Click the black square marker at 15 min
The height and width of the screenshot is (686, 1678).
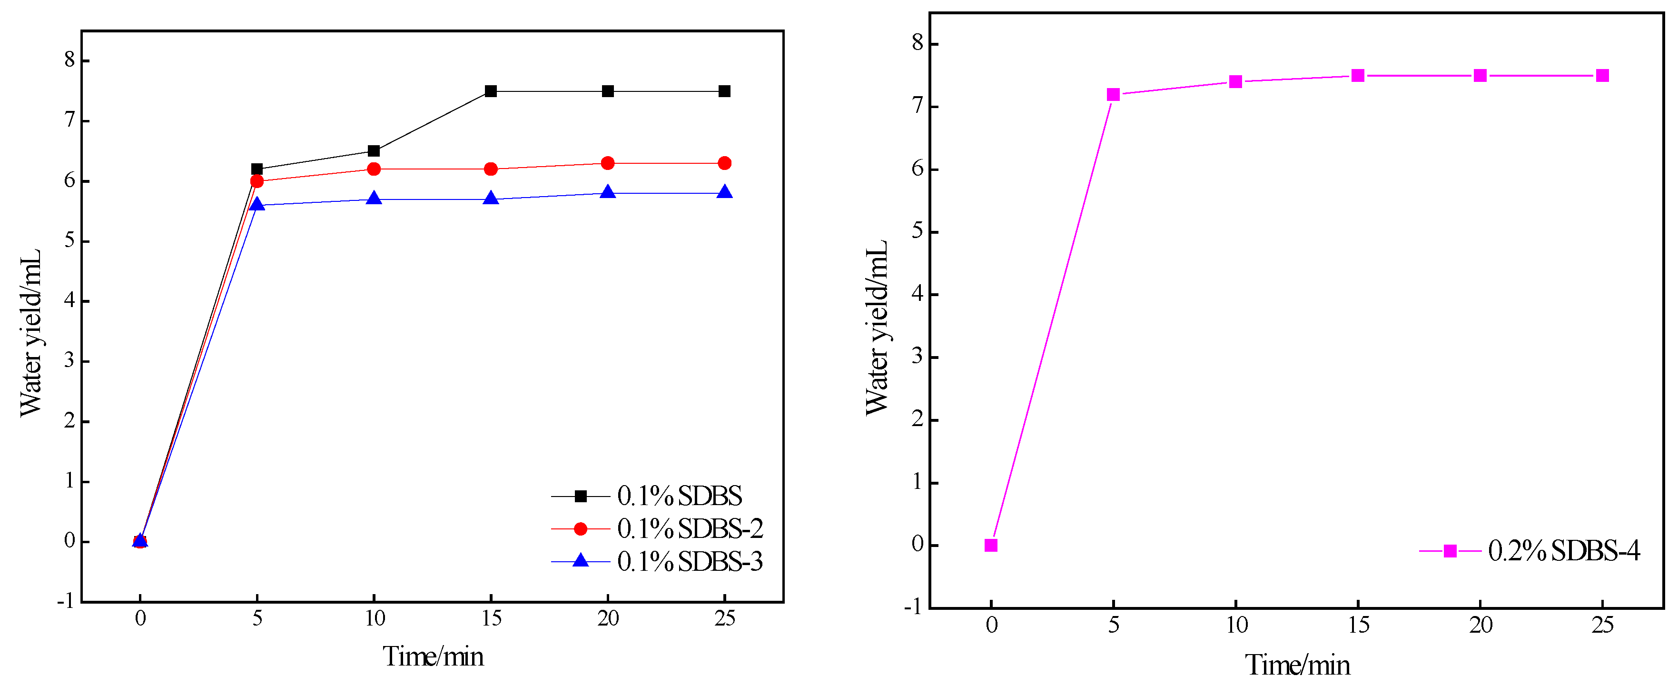click(491, 91)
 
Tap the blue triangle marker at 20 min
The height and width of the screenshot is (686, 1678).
click(608, 192)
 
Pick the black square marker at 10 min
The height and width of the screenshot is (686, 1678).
click(374, 151)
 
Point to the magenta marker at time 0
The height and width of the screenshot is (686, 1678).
click(991, 545)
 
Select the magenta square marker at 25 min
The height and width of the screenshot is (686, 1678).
click(1602, 76)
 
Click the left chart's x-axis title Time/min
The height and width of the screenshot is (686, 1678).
click(433, 656)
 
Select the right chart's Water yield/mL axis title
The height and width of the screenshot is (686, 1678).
click(876, 327)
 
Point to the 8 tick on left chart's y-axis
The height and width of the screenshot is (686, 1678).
click(69, 60)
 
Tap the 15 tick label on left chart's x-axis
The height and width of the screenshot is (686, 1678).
click(491, 618)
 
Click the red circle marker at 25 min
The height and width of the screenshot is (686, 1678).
click(724, 163)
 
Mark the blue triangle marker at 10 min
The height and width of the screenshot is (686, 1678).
click(374, 198)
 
